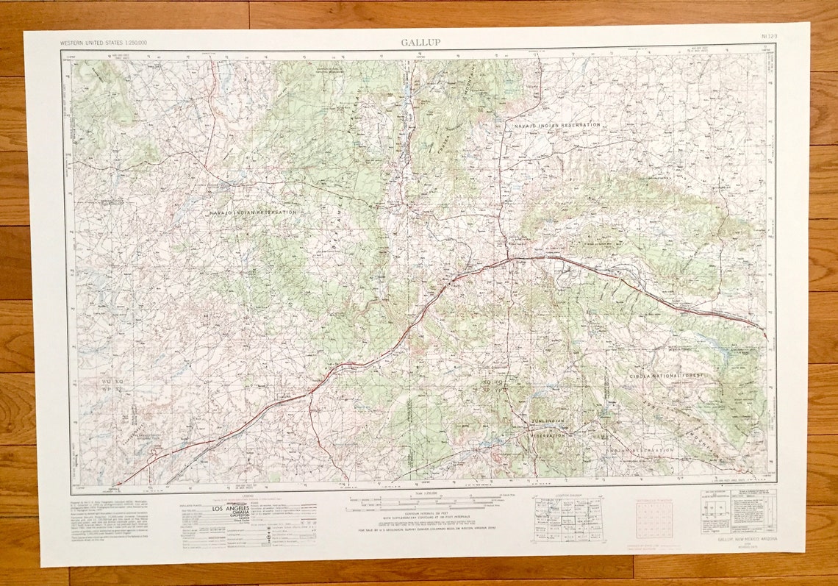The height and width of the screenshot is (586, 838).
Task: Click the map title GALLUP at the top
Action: pos(420,42)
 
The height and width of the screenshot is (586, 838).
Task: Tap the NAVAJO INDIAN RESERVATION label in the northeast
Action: pos(556,125)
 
